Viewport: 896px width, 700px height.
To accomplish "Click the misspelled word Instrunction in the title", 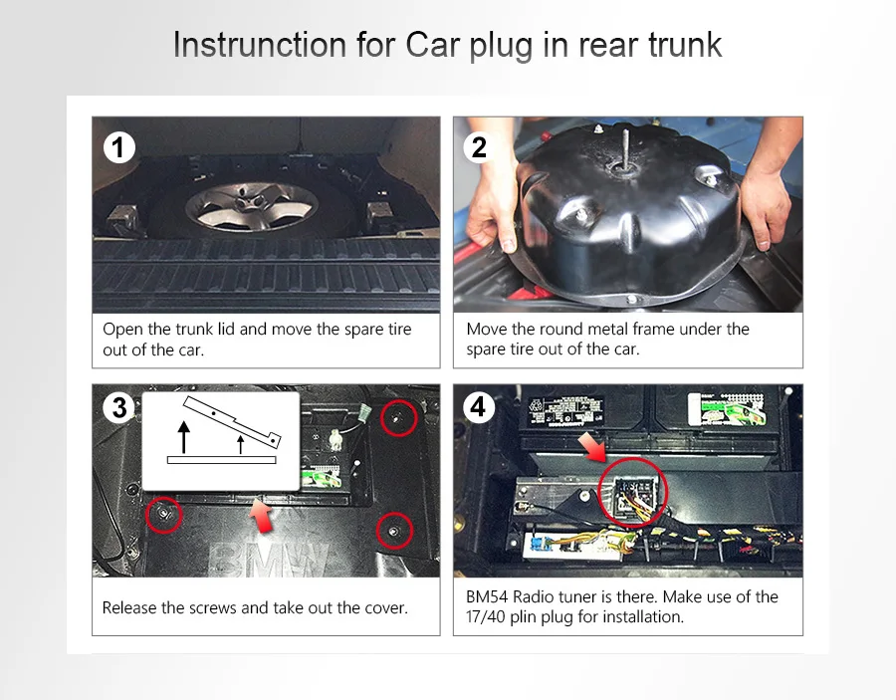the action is coord(260,44).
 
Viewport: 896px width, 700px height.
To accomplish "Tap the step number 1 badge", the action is coord(118,147).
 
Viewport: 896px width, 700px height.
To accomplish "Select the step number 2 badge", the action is coord(479,147).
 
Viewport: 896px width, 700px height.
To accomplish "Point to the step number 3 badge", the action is coord(118,407).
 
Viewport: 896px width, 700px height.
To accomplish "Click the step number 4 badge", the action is coord(478,407).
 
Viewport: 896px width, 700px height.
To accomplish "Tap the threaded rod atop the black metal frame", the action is coord(625,147).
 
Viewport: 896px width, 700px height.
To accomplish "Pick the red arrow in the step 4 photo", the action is coord(592,446).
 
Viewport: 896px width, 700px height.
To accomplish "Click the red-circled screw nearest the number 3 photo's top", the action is coord(398,418).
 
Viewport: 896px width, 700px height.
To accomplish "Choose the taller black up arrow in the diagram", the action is coord(183,437).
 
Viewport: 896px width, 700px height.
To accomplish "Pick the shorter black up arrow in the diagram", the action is coord(241,444).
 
